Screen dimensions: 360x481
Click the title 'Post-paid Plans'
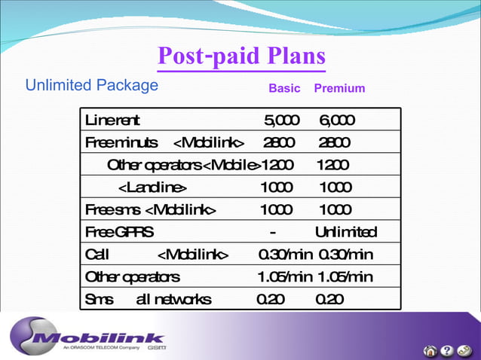[x=241, y=57]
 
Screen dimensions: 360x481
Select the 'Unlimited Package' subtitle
[x=92, y=85]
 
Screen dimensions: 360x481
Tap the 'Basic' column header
[x=284, y=89]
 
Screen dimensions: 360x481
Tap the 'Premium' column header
[x=339, y=89]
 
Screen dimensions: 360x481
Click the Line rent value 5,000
[x=281, y=121]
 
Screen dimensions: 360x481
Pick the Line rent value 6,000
[x=337, y=121]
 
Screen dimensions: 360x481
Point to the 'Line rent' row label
[x=112, y=121]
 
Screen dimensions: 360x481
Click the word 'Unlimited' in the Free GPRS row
[x=346, y=231]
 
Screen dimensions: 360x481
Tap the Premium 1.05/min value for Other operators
[x=345, y=276]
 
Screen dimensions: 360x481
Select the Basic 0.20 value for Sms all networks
[x=271, y=299]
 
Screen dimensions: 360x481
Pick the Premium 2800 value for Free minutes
[x=334, y=142]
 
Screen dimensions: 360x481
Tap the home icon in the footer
[x=430, y=350]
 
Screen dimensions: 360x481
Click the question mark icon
[x=446, y=350]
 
